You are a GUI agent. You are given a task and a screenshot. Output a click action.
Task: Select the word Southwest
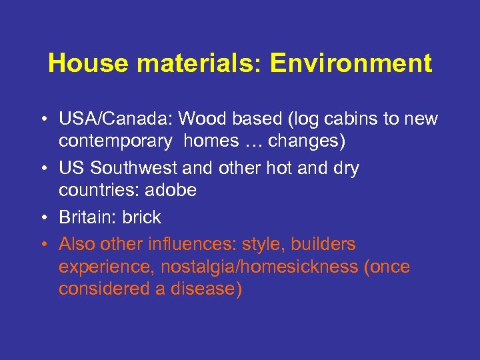click(129, 169)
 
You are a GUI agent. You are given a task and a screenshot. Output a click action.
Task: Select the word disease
click(206, 289)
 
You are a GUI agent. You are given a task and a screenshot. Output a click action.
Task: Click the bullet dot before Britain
click(42, 218)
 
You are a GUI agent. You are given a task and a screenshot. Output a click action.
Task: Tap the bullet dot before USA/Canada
click(42, 120)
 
